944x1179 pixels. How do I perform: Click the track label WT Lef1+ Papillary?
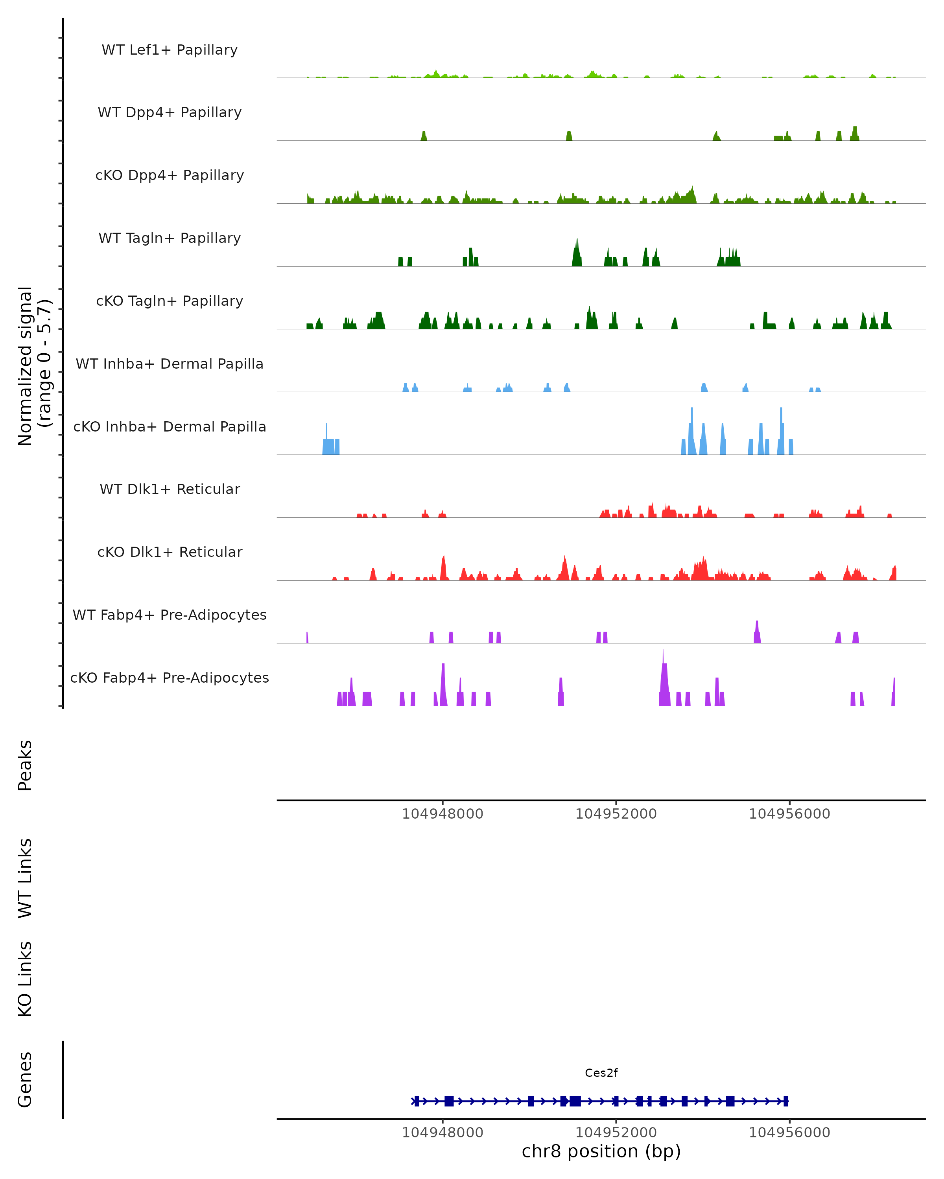[x=170, y=50]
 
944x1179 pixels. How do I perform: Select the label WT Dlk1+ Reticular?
[x=170, y=489]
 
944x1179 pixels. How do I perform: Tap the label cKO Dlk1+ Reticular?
[x=170, y=552]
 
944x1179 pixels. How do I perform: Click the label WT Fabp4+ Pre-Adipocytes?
[x=170, y=615]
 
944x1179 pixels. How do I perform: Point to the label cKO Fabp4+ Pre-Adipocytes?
[x=170, y=678]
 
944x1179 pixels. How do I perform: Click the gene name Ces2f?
[x=601, y=1073]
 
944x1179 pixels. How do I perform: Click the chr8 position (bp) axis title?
[x=601, y=1151]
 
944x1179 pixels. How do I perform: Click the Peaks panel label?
[x=25, y=765]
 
